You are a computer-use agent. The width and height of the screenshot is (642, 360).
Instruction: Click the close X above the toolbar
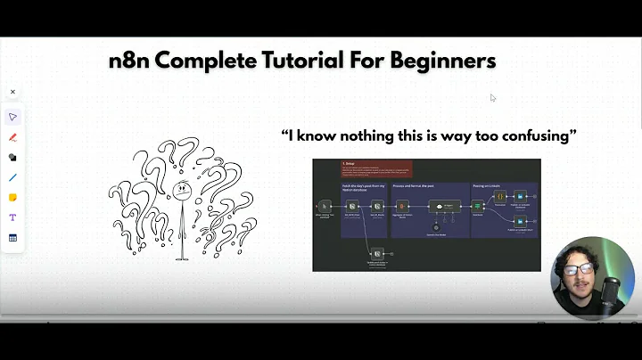(12, 92)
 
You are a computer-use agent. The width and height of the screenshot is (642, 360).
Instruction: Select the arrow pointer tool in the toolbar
(12, 117)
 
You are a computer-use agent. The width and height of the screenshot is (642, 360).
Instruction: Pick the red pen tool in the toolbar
(12, 137)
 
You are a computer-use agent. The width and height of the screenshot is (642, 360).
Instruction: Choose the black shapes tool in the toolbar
(12, 157)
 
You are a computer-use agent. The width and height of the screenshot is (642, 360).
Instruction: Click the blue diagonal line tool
(12, 177)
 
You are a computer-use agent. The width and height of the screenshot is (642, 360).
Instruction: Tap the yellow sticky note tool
(12, 197)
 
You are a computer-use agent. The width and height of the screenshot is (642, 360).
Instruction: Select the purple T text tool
(12, 217)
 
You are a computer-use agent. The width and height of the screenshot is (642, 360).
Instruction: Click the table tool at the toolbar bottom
(12, 238)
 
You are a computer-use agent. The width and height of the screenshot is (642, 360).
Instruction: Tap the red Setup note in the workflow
(375, 168)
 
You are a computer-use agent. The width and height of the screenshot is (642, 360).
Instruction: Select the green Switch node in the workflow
(477, 206)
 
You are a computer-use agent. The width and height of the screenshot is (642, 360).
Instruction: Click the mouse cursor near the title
(493, 98)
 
